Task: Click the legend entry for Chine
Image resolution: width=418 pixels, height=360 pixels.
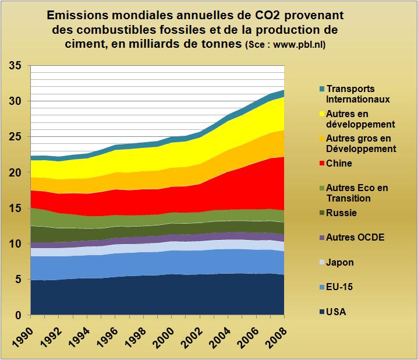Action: click(339, 164)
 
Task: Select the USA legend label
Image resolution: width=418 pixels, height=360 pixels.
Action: click(336, 312)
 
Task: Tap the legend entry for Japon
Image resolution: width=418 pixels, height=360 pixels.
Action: click(340, 263)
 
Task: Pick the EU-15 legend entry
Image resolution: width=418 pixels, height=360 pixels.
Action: click(339, 287)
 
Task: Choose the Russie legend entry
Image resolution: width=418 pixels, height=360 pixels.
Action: click(341, 213)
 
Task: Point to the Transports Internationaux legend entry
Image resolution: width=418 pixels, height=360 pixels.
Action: click(357, 94)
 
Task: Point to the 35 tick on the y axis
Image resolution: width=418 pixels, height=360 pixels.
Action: click(16, 66)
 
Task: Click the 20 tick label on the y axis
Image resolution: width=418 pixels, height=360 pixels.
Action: click(16, 173)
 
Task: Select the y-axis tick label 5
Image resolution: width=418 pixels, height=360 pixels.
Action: click(19, 280)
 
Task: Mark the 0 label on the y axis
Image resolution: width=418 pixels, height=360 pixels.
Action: click(19, 315)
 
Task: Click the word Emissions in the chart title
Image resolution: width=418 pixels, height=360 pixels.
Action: click(79, 15)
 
